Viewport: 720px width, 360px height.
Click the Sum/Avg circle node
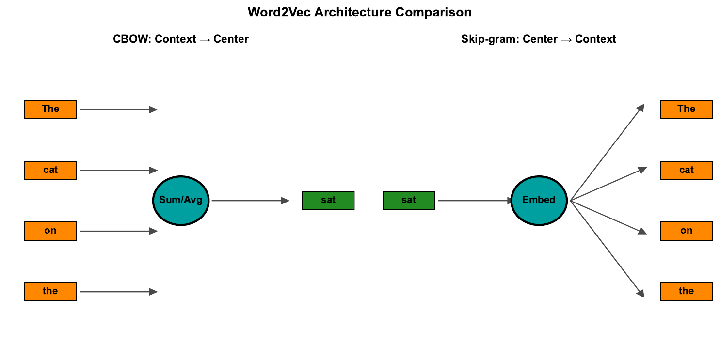(181, 200)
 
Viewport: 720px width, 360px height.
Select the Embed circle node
(539, 200)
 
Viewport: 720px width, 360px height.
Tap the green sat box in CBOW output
(328, 200)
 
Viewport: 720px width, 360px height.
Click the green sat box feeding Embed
(409, 200)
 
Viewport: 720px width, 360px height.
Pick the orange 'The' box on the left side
(50, 110)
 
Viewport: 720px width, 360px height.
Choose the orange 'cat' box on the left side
(50, 170)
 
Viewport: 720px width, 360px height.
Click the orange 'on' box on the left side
(50, 231)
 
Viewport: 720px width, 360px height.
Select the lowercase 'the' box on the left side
(50, 291)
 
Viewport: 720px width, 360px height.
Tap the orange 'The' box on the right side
(686, 110)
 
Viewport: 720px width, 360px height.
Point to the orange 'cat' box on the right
(686, 170)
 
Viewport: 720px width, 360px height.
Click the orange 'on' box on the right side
(686, 231)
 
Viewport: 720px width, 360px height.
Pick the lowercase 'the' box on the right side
(686, 291)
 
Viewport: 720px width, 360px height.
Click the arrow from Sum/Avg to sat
(250, 200)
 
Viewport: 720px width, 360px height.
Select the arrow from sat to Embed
(474, 200)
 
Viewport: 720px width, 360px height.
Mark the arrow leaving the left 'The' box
(118, 110)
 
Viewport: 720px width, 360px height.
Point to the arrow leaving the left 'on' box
(118, 231)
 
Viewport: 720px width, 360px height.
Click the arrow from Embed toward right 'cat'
(608, 185)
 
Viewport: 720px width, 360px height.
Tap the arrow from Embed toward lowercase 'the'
(607, 249)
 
